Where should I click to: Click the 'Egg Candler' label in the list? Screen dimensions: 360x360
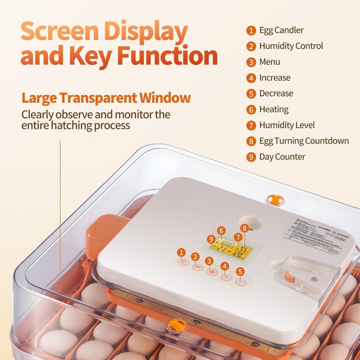(x=281, y=30)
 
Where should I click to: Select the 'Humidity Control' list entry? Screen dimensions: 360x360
(x=291, y=46)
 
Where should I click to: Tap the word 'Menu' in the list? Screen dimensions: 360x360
(x=269, y=62)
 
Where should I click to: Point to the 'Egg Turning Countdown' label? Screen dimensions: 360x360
(x=304, y=141)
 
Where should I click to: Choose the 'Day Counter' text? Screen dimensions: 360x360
(x=282, y=157)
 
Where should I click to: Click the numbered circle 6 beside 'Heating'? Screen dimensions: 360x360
(x=251, y=109)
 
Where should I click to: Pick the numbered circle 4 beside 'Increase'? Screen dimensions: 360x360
(x=251, y=78)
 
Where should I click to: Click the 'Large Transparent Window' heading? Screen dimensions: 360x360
(x=106, y=98)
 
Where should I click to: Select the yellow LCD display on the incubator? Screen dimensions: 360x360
(x=231, y=248)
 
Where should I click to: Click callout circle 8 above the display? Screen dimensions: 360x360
(x=244, y=228)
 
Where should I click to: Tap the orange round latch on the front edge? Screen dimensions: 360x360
(x=177, y=325)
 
